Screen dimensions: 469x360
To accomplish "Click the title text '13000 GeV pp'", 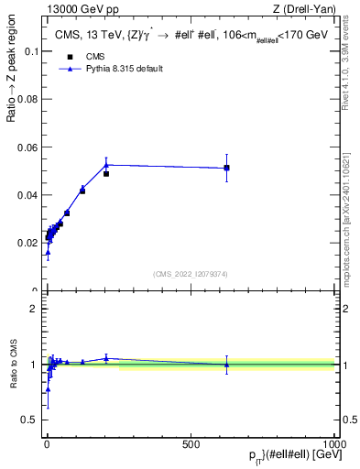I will (74, 10).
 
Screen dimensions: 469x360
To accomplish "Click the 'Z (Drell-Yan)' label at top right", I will (305, 10).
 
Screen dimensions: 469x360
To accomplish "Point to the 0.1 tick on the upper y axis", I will (29, 51).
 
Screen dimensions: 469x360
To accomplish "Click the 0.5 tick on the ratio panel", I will (29, 420).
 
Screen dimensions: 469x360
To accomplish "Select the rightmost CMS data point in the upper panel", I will (226, 168).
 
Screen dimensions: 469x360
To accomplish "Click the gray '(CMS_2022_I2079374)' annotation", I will (191, 274).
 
